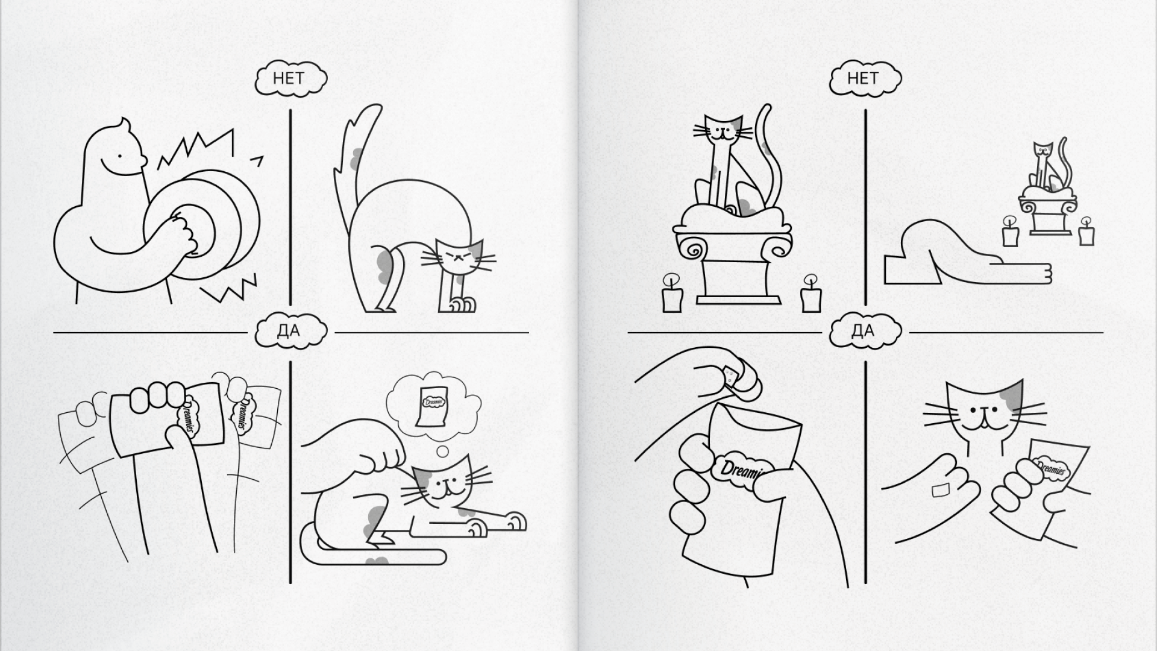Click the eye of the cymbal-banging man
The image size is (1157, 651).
click(x=120, y=156)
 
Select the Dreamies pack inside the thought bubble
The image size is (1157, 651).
click(x=431, y=404)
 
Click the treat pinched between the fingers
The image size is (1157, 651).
click(x=730, y=377)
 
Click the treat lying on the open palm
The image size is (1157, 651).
click(x=940, y=490)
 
